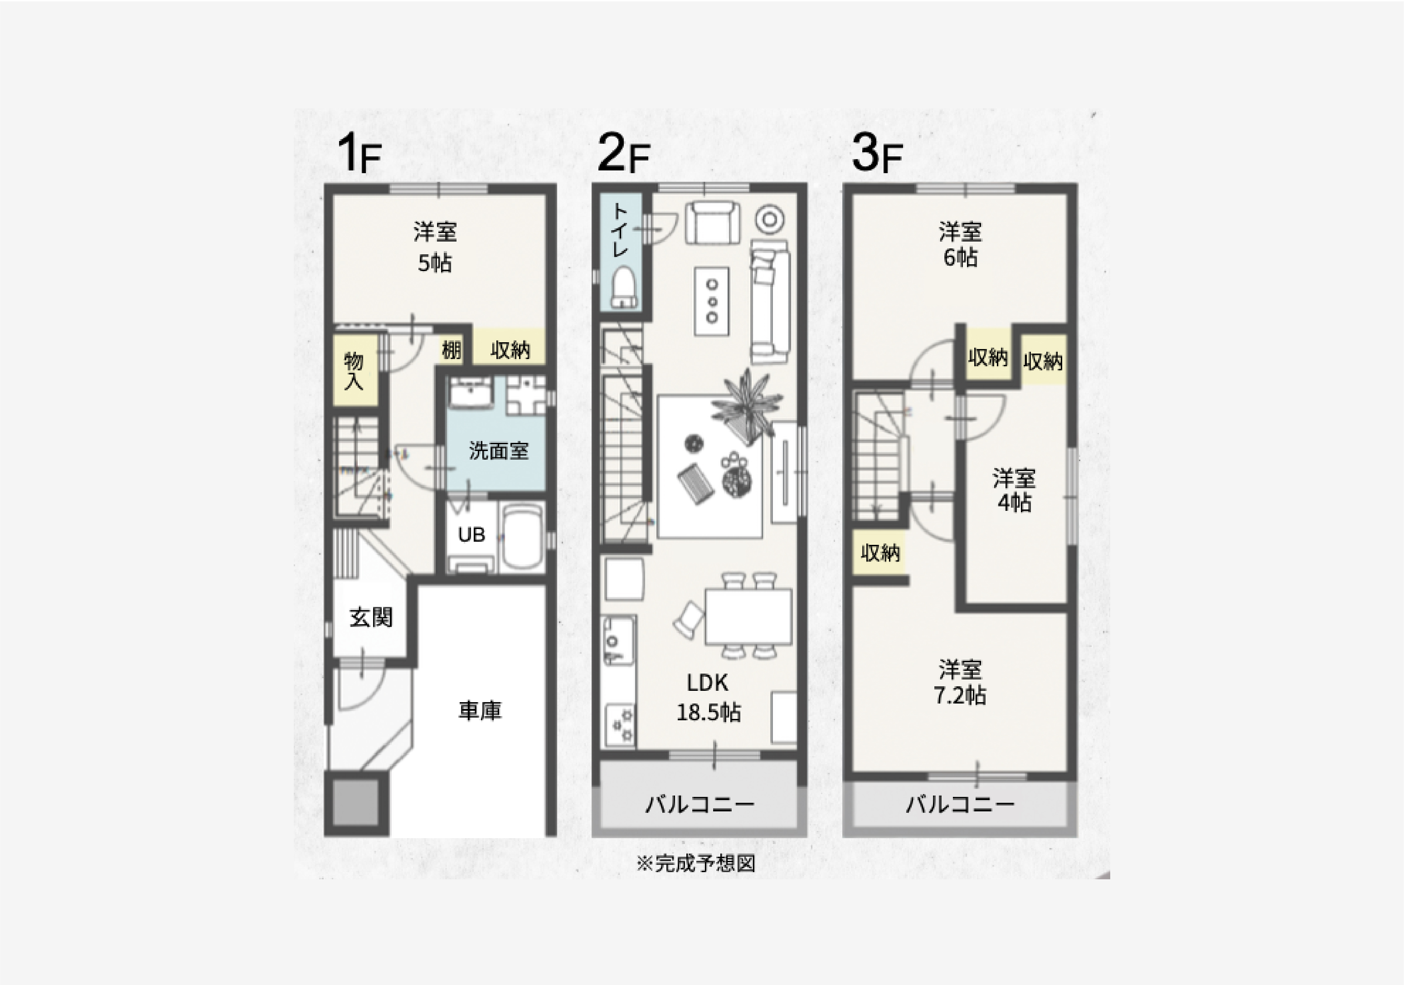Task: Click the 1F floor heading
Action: tap(360, 154)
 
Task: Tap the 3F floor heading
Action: tap(876, 154)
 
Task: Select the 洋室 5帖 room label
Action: tap(435, 247)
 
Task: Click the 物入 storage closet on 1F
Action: tap(354, 370)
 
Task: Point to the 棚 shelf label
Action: tap(451, 350)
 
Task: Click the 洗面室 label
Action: tap(498, 451)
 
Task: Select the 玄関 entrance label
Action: tap(370, 617)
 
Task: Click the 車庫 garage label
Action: tap(480, 710)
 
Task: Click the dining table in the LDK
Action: tap(748, 616)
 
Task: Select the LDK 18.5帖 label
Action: tap(708, 698)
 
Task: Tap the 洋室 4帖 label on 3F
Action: tap(1014, 489)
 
